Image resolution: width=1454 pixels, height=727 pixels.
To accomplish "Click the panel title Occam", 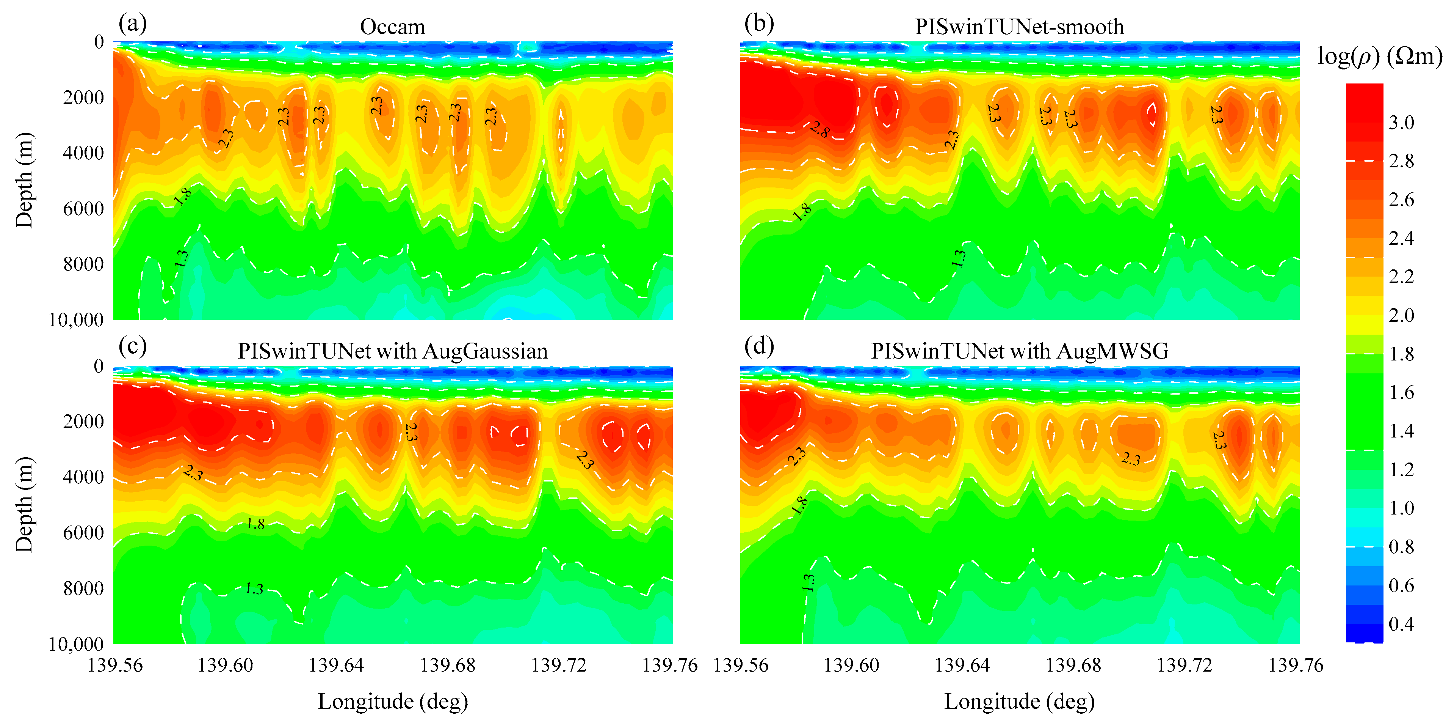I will pyautogui.click(x=392, y=27).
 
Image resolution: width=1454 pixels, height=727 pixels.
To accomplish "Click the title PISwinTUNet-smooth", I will pyautogui.click(x=1019, y=27).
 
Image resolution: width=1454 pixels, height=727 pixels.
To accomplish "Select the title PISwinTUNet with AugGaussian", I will pyautogui.click(x=392, y=351).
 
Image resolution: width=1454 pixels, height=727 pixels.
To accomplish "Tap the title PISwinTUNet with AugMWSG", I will pyautogui.click(x=1019, y=351).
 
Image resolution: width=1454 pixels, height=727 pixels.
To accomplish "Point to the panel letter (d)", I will pyautogui.click(x=758, y=346).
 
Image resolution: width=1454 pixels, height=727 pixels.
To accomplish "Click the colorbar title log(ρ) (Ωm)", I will pyautogui.click(x=1379, y=57).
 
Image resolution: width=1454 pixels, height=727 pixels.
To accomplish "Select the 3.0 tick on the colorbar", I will pyautogui.click(x=1401, y=122).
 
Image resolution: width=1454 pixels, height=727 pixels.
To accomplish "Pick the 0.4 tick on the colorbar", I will pyautogui.click(x=1401, y=624).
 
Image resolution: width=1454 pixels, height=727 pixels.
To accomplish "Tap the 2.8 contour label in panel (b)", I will pyautogui.click(x=819, y=130).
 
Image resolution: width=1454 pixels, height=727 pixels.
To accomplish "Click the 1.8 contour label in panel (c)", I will pyautogui.click(x=255, y=524).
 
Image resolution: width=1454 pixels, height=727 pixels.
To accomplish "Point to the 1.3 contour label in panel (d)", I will pyautogui.click(x=808, y=582).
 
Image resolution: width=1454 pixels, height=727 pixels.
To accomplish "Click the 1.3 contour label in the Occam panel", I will pyautogui.click(x=181, y=258).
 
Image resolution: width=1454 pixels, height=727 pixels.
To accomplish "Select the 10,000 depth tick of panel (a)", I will pyautogui.click(x=76, y=320).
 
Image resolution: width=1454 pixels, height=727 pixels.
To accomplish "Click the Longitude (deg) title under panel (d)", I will pyautogui.click(x=1019, y=701).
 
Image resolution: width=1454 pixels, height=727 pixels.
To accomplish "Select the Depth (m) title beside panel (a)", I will pyautogui.click(x=24, y=180).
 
